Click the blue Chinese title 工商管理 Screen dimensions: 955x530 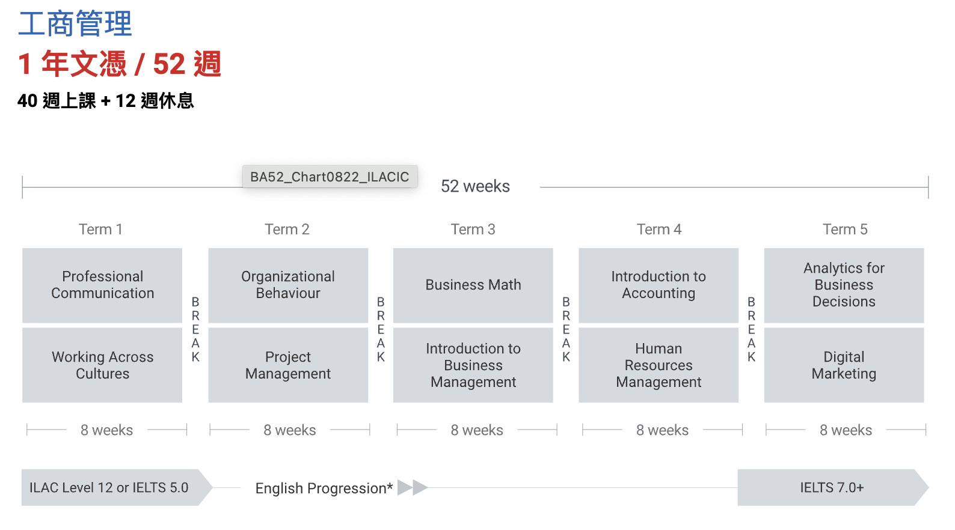(75, 24)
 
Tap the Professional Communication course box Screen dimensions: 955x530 (102, 285)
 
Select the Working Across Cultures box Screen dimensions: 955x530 (102, 365)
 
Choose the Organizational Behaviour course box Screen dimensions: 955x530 (288, 285)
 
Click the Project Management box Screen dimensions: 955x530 (288, 365)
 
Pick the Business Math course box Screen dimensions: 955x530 (473, 285)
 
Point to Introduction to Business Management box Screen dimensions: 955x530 (473, 365)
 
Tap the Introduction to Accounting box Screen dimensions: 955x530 (659, 285)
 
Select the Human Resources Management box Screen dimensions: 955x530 (659, 365)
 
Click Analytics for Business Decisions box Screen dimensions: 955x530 (844, 285)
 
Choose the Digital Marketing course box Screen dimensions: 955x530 (844, 365)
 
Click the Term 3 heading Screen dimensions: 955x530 (473, 229)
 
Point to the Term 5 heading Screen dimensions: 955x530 (845, 229)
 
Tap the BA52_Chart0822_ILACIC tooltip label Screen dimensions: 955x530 (330, 177)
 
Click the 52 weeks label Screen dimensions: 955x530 (475, 186)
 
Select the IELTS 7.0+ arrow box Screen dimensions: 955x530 (833, 487)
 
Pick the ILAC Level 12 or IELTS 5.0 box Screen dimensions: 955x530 (117, 487)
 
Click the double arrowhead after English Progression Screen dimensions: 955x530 (413, 487)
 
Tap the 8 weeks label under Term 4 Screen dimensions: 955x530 (663, 430)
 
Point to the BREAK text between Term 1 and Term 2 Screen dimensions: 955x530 (195, 329)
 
